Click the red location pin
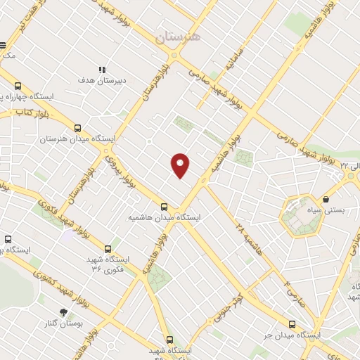181,165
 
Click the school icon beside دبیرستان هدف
102,70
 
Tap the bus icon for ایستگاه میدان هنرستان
77,129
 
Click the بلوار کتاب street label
32,112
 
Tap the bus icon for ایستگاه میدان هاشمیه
164,206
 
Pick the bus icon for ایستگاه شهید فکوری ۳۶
108,248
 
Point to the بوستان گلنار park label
79,323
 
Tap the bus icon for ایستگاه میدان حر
292,324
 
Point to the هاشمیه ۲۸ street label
250,238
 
